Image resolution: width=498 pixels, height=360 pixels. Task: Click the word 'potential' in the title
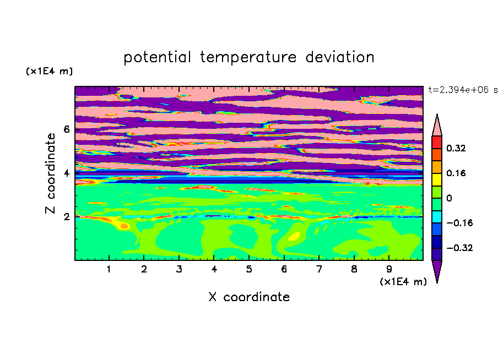click(157, 57)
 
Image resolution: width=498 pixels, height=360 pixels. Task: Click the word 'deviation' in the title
click(340, 57)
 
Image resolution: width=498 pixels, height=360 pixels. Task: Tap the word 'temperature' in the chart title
click(248, 57)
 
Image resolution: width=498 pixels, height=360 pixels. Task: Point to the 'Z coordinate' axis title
click(50, 173)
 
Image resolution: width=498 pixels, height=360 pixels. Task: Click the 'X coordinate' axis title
click(249, 297)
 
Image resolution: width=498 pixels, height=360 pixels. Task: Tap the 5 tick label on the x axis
click(249, 269)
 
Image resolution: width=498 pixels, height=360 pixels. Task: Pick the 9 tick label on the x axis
click(389, 269)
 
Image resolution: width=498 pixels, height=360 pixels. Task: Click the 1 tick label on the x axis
click(109, 269)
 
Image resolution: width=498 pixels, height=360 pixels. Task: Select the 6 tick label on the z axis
click(66, 129)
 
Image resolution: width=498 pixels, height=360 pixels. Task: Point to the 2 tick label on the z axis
click(66, 217)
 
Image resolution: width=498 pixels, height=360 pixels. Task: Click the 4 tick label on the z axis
click(66, 173)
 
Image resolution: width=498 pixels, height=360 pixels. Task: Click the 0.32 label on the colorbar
click(456, 148)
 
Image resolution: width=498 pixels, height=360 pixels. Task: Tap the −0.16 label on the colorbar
click(459, 223)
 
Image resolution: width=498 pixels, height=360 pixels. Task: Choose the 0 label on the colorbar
click(449, 198)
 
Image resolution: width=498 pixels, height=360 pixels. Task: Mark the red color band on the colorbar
click(437, 142)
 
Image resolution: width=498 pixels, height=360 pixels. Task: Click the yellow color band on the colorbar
click(437, 179)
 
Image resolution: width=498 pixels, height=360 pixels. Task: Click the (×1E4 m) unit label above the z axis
click(49, 71)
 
